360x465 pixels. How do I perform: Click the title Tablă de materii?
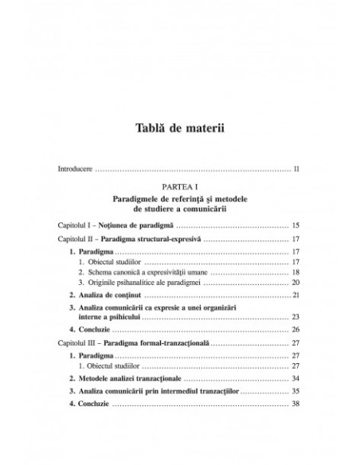click(179, 131)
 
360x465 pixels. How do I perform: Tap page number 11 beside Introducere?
click(295, 170)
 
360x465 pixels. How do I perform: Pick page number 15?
click(295, 226)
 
